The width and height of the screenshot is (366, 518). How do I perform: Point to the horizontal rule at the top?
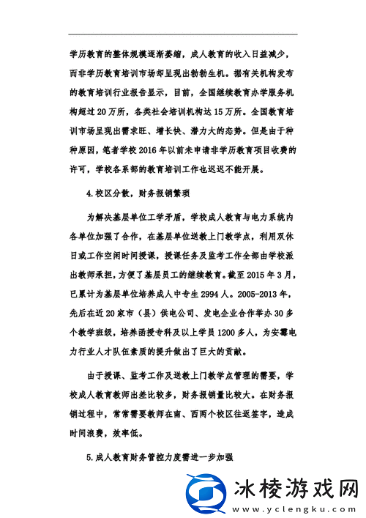[x=183, y=34]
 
